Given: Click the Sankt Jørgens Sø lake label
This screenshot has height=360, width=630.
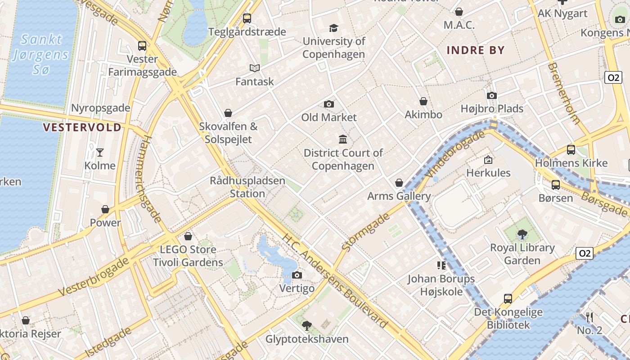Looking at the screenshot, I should (41, 54).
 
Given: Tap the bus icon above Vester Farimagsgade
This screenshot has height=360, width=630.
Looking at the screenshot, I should (142, 45).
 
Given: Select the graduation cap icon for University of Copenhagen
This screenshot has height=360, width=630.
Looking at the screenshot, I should (333, 28).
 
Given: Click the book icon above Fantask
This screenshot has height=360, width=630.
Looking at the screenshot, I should (255, 68).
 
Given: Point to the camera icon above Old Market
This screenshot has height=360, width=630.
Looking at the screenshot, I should (329, 104).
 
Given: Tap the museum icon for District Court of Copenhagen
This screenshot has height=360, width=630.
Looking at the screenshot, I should (343, 139).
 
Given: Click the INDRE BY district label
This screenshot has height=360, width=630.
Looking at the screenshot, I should (476, 50).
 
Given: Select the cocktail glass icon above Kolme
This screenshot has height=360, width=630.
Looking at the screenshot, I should (100, 152).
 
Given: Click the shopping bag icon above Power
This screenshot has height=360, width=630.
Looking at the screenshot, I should (105, 209).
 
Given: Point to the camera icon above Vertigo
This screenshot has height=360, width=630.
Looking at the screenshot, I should (297, 275).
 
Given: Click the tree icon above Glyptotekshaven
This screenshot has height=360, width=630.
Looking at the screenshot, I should (307, 325).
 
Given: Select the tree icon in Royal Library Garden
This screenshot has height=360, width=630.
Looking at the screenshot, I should (522, 234).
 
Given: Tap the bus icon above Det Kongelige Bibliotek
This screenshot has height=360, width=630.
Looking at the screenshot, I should (508, 298).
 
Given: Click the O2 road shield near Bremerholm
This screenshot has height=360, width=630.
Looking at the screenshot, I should (613, 77).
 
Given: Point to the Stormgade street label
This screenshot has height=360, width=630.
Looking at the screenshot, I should (365, 232).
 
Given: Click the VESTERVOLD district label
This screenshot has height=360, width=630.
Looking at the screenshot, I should (82, 127).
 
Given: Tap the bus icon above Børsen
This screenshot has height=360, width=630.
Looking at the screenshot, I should (556, 184).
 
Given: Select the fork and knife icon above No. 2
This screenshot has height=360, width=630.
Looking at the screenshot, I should (589, 317).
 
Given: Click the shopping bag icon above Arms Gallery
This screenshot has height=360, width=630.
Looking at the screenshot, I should (399, 183).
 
